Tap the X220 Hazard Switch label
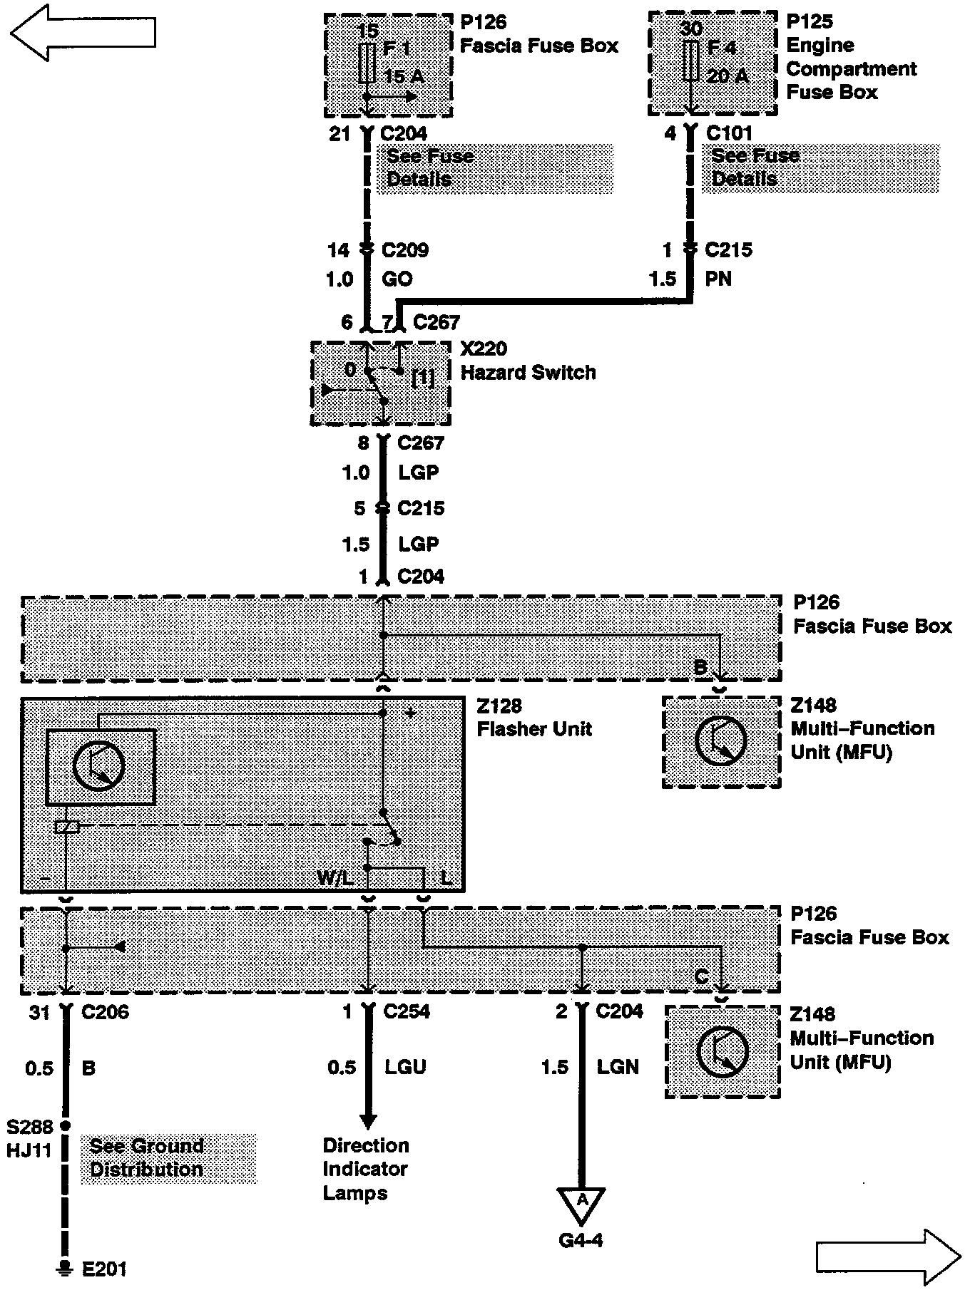[528, 361]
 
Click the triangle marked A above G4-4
[582, 1203]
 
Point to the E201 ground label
[104, 1269]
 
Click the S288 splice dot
[66, 1125]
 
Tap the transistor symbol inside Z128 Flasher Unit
[99, 766]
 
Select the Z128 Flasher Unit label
[534, 718]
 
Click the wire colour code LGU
[405, 1067]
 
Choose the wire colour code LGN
[618, 1067]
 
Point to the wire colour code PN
[718, 279]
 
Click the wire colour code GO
[397, 279]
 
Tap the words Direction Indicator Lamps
[366, 1169]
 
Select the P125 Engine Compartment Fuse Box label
[851, 57]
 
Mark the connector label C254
[407, 1011]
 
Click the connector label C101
[729, 133]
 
